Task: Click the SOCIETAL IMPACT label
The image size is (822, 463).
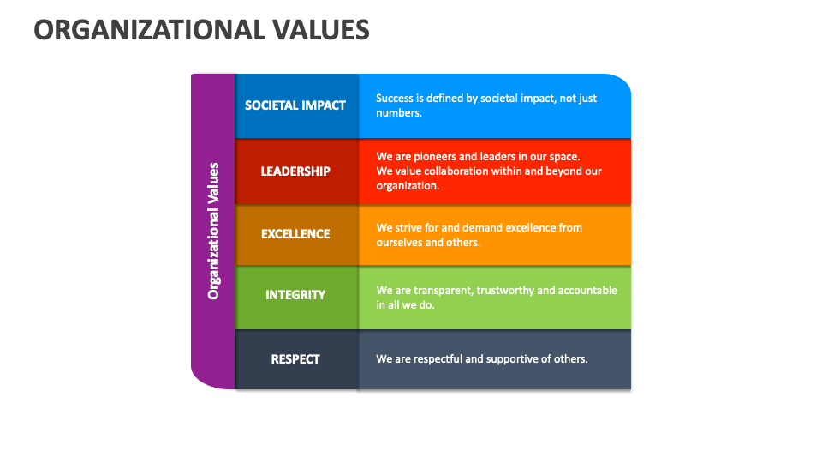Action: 295,105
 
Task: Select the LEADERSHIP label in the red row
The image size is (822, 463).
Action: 295,171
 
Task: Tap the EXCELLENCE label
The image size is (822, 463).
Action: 295,234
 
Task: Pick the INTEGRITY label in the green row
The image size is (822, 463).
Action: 295,295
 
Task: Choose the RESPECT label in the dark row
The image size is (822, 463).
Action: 295,359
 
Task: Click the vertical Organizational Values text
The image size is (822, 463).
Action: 214,231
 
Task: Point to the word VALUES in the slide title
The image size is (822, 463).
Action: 322,30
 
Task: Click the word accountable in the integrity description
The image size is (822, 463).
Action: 587,291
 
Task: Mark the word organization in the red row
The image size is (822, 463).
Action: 408,186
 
